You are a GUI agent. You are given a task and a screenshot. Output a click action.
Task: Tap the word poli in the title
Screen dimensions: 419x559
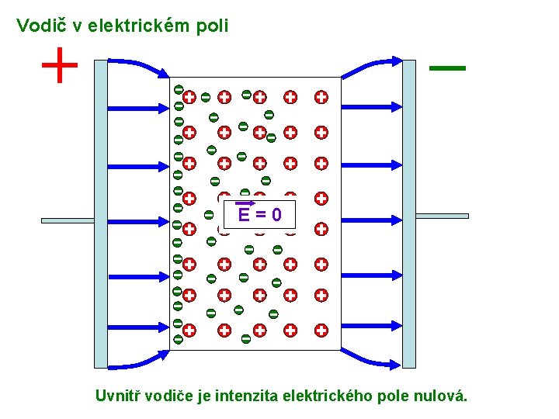pos(214,26)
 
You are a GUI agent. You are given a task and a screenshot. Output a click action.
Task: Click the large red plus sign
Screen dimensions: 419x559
pos(60,65)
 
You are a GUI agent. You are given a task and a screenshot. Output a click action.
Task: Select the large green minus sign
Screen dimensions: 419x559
pos(447,68)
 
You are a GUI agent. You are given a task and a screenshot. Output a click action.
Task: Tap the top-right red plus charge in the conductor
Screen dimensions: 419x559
pos(321,98)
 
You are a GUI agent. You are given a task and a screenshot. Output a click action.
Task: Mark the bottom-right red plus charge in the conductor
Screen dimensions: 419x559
pos(321,331)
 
